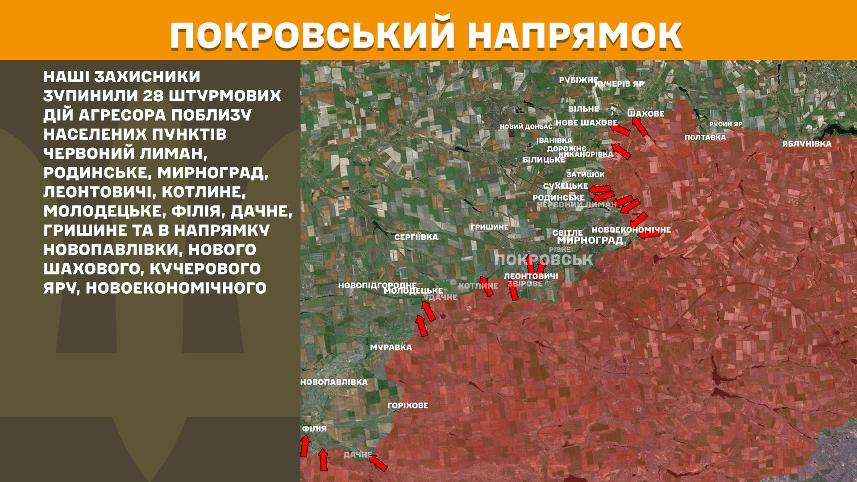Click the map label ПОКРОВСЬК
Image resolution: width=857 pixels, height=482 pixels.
[x=543, y=260]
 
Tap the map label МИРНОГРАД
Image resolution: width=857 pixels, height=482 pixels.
[x=590, y=240]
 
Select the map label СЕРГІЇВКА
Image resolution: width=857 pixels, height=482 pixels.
[x=416, y=237]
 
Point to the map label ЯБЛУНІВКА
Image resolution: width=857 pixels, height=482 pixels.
[x=807, y=144]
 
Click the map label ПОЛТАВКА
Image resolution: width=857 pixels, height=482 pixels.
[x=705, y=137]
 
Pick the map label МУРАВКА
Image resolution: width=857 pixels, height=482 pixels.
[x=391, y=347]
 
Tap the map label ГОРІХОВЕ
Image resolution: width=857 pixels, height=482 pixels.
[x=408, y=405]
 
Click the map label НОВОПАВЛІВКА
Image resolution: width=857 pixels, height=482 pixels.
[x=334, y=382]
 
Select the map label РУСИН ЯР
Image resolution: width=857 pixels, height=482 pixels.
[x=726, y=124]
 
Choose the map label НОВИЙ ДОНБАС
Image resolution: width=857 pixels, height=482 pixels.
[x=526, y=127]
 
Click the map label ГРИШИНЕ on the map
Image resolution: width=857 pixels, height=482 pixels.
[x=489, y=227]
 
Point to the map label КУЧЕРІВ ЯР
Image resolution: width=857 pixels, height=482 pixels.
[x=620, y=84]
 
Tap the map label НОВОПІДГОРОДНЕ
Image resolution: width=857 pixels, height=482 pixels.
[x=377, y=285]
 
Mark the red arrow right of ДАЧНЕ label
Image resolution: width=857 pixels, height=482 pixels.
[x=378, y=462]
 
